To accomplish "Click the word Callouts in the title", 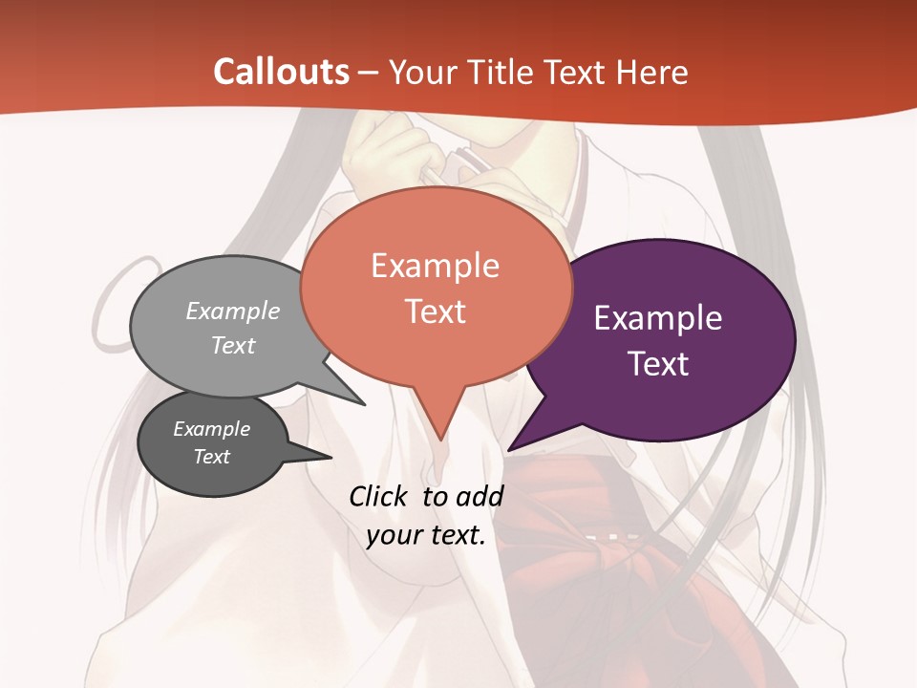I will pyautogui.click(x=281, y=72).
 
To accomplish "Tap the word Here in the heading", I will pyautogui.click(x=650, y=72).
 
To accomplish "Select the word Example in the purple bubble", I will pyautogui.click(x=658, y=318).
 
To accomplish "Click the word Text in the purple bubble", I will pyautogui.click(x=658, y=364).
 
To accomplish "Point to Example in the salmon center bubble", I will pyautogui.click(x=435, y=266).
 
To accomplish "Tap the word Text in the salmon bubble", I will pyautogui.click(x=435, y=312).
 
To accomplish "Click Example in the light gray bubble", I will pyautogui.click(x=233, y=312).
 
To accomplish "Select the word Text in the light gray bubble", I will pyautogui.click(x=233, y=345).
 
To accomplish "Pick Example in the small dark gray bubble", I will pyautogui.click(x=211, y=429).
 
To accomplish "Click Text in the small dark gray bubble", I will pyautogui.click(x=211, y=457).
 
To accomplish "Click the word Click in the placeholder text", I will pyautogui.click(x=379, y=496).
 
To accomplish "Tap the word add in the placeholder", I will pyautogui.click(x=479, y=496).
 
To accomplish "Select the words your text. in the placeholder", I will pyautogui.click(x=426, y=535).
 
